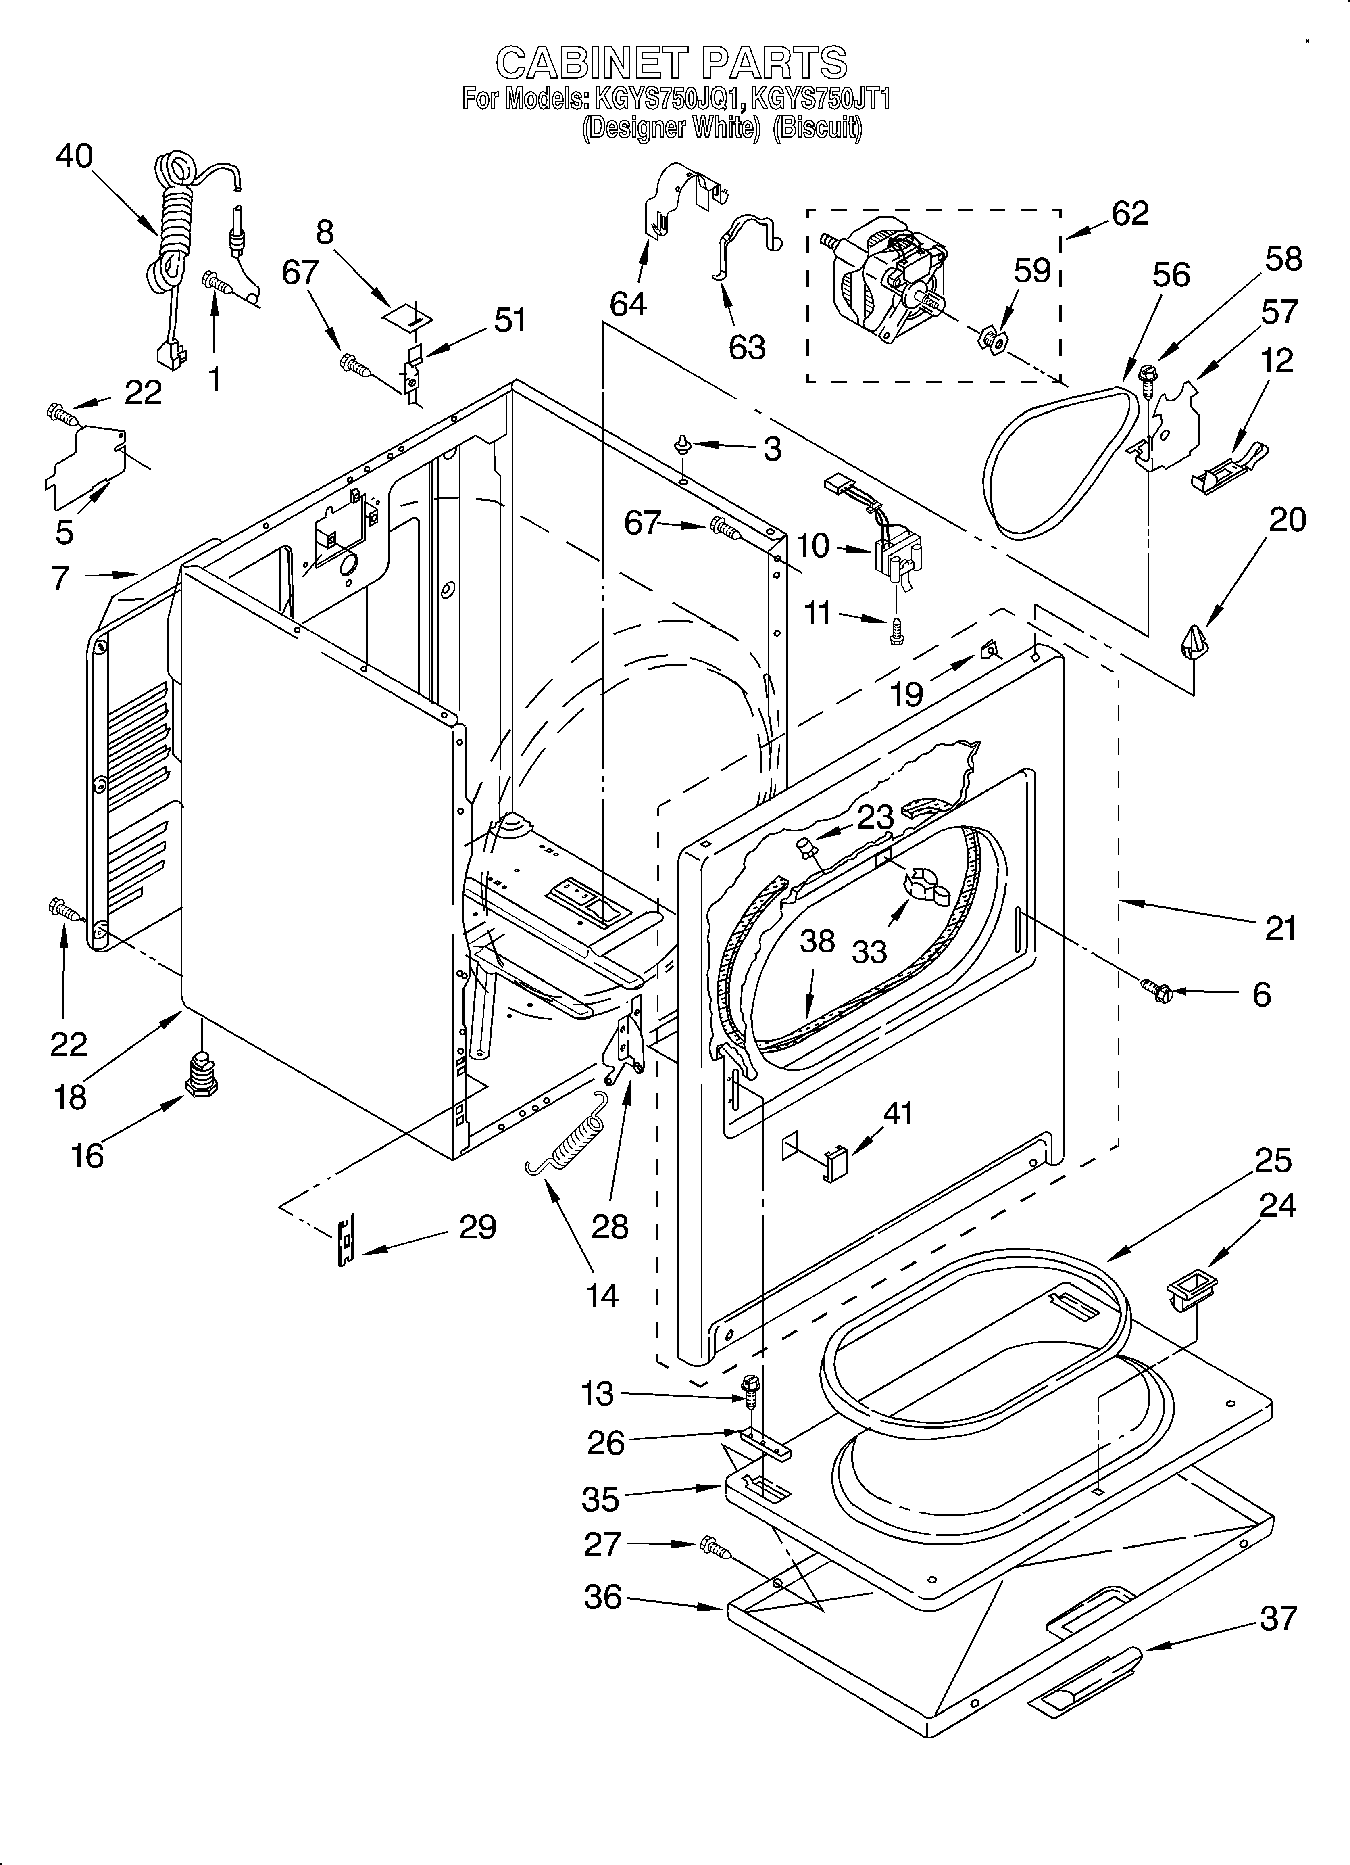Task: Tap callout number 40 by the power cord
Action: point(74,156)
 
